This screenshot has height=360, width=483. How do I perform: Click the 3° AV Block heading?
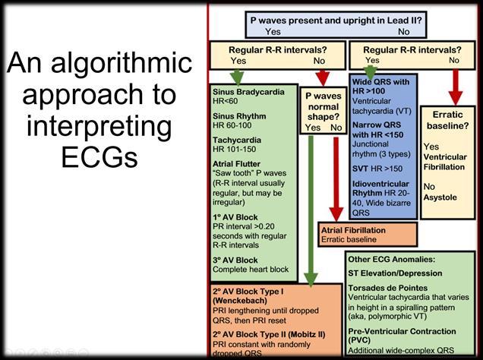point(235,260)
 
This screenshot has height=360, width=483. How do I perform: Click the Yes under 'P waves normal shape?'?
point(312,128)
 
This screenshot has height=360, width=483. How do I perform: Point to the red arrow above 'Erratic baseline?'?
point(456,87)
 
